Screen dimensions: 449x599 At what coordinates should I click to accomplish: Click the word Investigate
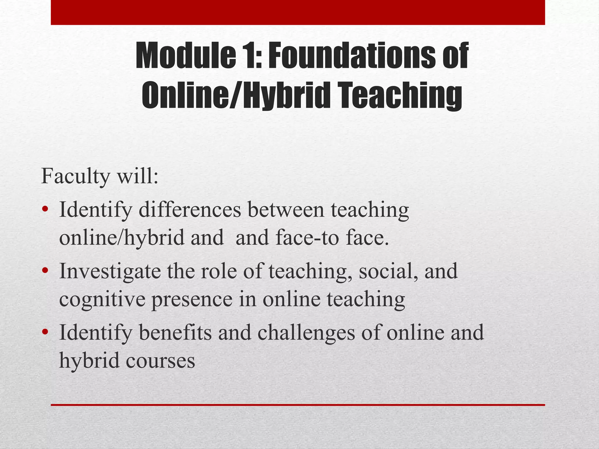(110, 271)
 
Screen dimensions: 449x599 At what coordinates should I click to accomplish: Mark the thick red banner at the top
(298, 12)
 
